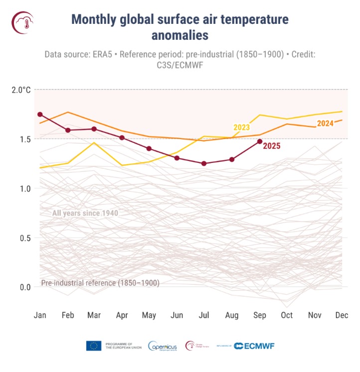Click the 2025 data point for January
click(x=40, y=115)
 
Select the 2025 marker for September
click(x=260, y=141)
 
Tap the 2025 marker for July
click(x=204, y=163)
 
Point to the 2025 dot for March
click(x=94, y=129)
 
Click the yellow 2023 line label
click(x=242, y=127)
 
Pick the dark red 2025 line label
click(x=271, y=146)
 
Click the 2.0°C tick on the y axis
click(x=21, y=90)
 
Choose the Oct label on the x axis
click(x=287, y=315)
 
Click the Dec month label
click(x=342, y=315)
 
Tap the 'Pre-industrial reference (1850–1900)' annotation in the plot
click(x=100, y=283)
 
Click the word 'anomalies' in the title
click(x=180, y=35)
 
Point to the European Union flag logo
click(x=94, y=346)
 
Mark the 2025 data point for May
click(x=149, y=148)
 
